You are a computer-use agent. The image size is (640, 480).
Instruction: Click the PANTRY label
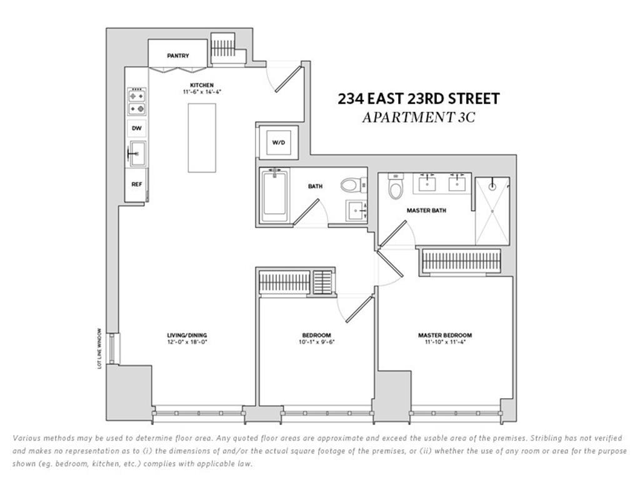(x=177, y=56)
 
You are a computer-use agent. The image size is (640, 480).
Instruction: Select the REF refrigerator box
(x=136, y=184)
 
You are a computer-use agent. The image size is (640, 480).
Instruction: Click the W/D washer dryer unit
(x=278, y=142)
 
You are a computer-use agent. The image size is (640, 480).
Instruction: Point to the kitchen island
(x=202, y=137)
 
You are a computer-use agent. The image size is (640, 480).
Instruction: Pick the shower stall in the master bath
(x=492, y=211)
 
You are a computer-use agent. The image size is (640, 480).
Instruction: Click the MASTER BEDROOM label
(x=444, y=335)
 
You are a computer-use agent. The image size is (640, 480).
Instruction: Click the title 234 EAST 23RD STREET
(x=419, y=99)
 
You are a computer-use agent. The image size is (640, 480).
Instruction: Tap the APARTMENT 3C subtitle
(x=419, y=117)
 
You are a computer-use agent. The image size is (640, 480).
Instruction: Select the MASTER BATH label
(x=426, y=211)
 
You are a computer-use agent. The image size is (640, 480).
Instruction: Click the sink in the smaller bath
(x=356, y=211)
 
